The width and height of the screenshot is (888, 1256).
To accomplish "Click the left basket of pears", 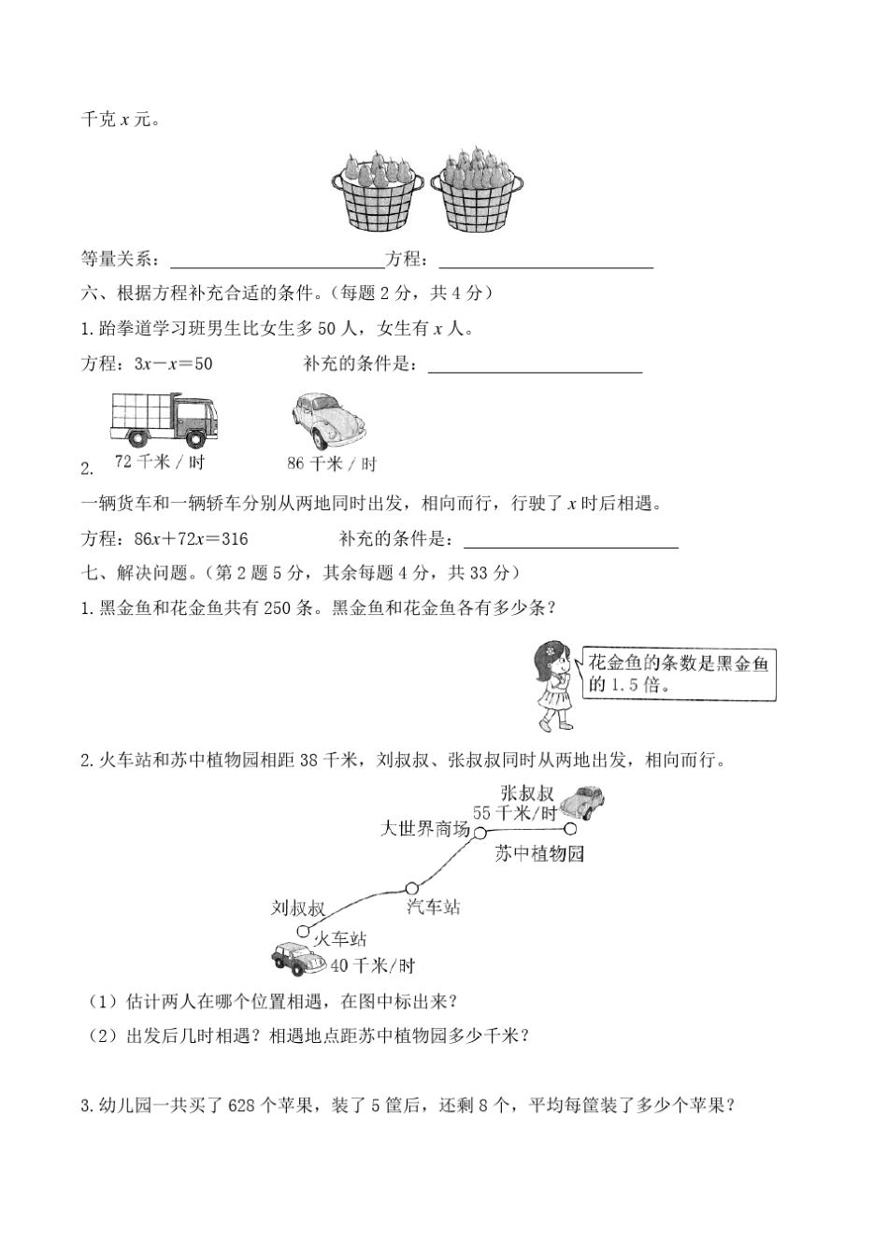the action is point(377,191).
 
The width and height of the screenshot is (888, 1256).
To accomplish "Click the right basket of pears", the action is point(476,191).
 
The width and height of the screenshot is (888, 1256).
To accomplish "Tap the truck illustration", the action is point(163,420).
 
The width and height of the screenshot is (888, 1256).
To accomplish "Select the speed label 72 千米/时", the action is point(159,462).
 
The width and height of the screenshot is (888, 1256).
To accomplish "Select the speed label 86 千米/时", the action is point(332,463).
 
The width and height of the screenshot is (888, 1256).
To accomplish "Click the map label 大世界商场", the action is point(424,829).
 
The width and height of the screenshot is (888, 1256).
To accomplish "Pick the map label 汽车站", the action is point(434,906).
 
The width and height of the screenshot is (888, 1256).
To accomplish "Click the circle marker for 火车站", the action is point(303,931).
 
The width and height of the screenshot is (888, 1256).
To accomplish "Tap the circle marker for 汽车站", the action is point(411,887).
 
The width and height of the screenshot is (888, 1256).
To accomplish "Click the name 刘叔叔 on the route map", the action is point(298,907).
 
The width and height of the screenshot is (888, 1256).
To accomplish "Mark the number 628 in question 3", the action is point(241,1106).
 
